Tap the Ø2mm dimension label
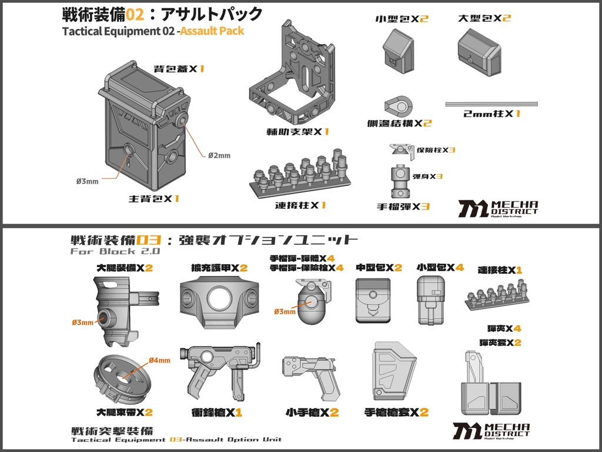[x=219, y=155]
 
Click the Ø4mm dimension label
[x=159, y=360]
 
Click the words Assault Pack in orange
[x=212, y=31]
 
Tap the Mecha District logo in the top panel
[x=497, y=208]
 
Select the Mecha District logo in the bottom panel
[x=491, y=430]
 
